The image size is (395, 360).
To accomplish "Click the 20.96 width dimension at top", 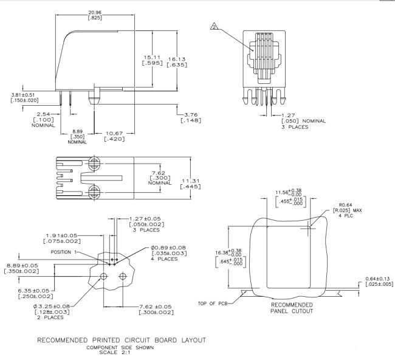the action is [95, 12].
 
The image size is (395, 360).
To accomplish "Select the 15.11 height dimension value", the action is [152, 57].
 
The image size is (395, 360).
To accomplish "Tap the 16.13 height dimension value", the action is [177, 59].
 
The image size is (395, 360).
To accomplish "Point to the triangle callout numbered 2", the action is [214, 26].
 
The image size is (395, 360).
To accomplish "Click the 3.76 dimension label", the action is [191, 115].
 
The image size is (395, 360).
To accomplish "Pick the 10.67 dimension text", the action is [114, 133].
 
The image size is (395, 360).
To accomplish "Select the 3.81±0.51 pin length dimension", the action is [23, 95].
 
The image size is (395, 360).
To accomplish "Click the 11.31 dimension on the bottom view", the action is [191, 181].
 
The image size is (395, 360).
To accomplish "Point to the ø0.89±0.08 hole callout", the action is [168, 247].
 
